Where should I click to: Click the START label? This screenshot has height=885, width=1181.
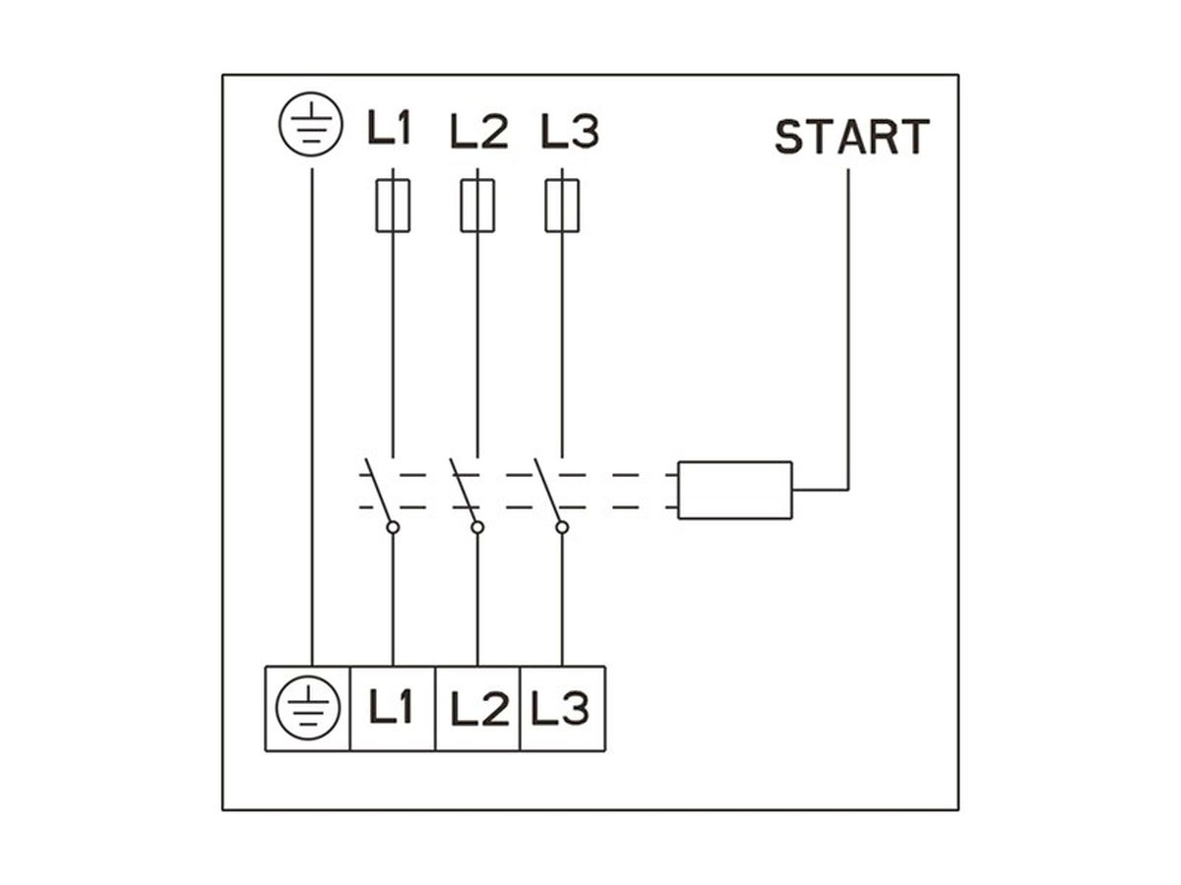click(x=851, y=138)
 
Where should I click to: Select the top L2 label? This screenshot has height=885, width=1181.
click(x=478, y=131)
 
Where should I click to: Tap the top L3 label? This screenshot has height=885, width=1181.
click(x=570, y=131)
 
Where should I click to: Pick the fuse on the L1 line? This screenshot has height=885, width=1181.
click(x=393, y=205)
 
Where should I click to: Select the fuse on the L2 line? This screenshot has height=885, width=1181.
click(x=477, y=205)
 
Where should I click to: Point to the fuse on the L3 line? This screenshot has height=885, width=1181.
click(x=562, y=205)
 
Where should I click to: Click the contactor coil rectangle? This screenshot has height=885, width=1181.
click(x=735, y=490)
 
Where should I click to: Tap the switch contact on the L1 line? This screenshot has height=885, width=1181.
click(x=381, y=492)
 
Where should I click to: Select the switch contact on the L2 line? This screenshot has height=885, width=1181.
click(x=466, y=492)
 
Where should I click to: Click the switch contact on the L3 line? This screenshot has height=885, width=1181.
click(x=550, y=492)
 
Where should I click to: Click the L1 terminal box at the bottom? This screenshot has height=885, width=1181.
click(x=393, y=708)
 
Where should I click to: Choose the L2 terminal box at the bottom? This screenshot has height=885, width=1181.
click(x=477, y=708)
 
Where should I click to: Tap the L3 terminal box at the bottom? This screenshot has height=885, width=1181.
click(x=562, y=708)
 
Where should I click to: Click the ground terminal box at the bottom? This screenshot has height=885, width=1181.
click(x=308, y=708)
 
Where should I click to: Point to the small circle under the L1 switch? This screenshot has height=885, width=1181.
click(x=393, y=528)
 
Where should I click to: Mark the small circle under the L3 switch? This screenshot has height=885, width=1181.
click(x=562, y=528)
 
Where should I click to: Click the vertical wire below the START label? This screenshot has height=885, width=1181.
click(x=848, y=324)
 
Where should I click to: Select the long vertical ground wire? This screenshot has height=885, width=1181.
click(x=312, y=413)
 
